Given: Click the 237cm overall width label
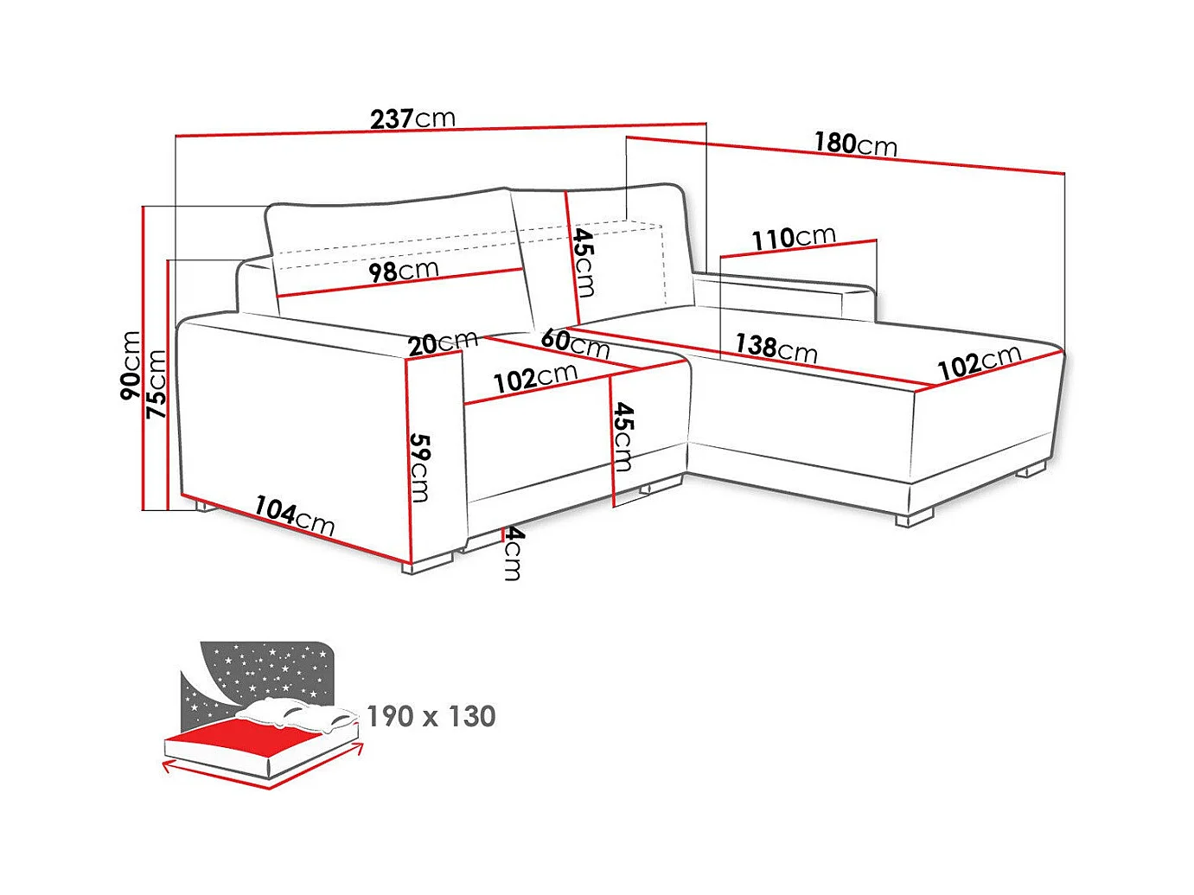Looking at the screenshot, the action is click(x=412, y=118).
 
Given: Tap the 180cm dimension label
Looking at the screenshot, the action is click(x=855, y=144).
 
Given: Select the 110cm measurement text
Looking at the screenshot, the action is click(x=793, y=238).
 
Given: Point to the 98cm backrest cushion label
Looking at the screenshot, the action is click(x=403, y=272).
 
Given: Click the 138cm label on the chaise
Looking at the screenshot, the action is click(x=776, y=348).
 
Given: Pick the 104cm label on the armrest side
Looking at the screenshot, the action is click(x=294, y=515).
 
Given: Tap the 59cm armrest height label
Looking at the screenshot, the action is click(x=420, y=467).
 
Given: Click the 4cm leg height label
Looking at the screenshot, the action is click(x=513, y=553).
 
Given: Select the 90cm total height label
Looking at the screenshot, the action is click(x=131, y=365).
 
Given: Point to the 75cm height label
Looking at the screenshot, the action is click(x=156, y=385).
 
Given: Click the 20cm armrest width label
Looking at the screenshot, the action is click(x=442, y=343).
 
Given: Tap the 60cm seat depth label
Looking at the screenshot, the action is click(x=575, y=343).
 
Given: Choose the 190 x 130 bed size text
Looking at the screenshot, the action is click(x=431, y=717).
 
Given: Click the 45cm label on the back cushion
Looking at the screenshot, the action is click(x=584, y=262).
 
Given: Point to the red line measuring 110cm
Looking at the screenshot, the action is click(x=797, y=249).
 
